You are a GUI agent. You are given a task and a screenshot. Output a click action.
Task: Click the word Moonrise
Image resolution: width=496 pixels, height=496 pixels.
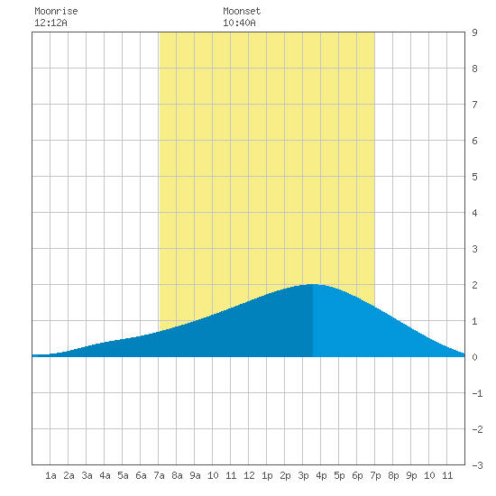(56, 11)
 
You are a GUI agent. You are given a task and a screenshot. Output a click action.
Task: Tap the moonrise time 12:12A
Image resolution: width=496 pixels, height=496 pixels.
(51, 23)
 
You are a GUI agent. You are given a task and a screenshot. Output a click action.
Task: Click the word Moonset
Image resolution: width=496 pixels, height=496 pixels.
(242, 11)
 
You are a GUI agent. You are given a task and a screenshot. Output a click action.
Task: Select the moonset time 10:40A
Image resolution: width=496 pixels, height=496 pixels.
(239, 23)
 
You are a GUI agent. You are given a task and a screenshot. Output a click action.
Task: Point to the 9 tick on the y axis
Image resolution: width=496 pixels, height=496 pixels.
(474, 32)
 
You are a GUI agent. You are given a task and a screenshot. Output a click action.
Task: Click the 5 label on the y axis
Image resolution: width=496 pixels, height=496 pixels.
(474, 177)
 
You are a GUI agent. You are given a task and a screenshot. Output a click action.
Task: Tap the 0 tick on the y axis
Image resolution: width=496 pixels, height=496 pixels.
(474, 357)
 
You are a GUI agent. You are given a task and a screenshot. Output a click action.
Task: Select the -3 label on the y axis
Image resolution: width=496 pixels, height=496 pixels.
(477, 465)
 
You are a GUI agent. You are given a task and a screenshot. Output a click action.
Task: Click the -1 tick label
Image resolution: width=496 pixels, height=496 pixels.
(477, 393)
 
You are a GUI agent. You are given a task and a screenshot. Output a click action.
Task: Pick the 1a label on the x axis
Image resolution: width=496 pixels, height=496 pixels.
(51, 475)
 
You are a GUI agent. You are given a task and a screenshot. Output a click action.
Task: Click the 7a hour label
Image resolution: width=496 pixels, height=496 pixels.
(159, 475)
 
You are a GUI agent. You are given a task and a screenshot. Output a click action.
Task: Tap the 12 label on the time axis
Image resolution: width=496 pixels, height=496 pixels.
(249, 475)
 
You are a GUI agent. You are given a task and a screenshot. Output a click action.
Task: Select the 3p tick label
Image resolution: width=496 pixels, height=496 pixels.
(303, 475)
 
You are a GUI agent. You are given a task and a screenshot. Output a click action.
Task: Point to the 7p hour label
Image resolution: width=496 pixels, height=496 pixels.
(375, 475)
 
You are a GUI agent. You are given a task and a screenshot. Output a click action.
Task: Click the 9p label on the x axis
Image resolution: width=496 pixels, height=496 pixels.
(411, 475)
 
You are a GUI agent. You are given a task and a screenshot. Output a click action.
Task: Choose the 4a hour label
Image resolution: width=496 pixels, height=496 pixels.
(105, 475)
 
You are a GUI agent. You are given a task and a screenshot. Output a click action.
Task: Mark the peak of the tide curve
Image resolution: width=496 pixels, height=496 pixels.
(313, 284)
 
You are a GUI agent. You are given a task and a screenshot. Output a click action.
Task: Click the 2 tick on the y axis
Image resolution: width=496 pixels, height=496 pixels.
(474, 285)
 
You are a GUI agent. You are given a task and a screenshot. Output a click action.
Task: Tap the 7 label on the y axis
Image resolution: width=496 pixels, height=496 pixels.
(474, 105)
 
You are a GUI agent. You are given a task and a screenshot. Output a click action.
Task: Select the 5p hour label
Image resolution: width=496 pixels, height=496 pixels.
(339, 475)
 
